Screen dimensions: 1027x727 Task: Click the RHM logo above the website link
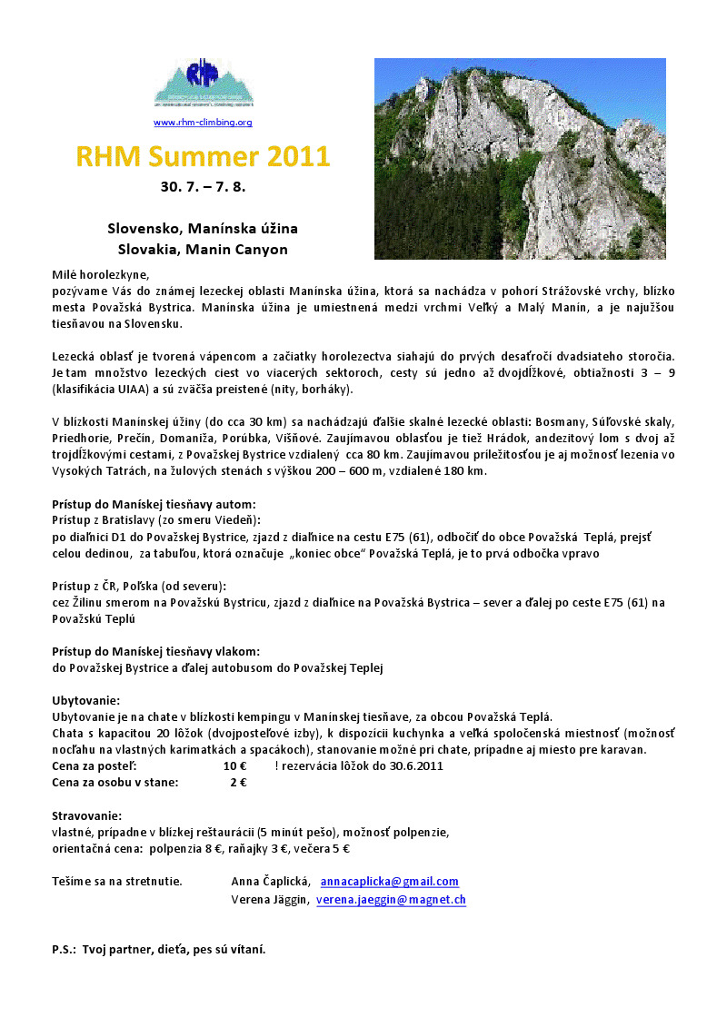[x=204, y=84]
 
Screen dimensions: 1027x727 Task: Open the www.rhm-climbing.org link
[x=203, y=123]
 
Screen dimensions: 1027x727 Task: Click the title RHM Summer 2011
[x=203, y=156]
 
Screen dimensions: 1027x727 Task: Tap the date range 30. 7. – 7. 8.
[x=203, y=188]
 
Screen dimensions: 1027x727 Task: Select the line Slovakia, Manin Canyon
[x=203, y=249]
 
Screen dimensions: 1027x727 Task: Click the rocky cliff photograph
[x=520, y=159]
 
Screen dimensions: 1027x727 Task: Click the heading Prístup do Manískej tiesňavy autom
[x=154, y=504]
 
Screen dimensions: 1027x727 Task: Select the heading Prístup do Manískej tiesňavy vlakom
[x=155, y=651]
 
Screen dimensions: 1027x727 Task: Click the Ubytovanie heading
[x=85, y=701]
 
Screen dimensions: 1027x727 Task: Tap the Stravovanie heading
[x=87, y=815]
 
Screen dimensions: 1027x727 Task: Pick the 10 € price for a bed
[x=235, y=766]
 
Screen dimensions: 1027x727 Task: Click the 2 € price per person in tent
[x=238, y=783]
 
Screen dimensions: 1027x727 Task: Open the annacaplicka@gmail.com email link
[x=390, y=882]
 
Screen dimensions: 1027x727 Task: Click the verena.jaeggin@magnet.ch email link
[x=391, y=900]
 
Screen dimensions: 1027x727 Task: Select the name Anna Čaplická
[x=272, y=882]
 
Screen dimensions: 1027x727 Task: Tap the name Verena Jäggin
[x=270, y=900]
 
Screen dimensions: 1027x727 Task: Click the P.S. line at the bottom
[x=159, y=950]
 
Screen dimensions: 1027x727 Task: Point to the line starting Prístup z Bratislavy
[x=156, y=520]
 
